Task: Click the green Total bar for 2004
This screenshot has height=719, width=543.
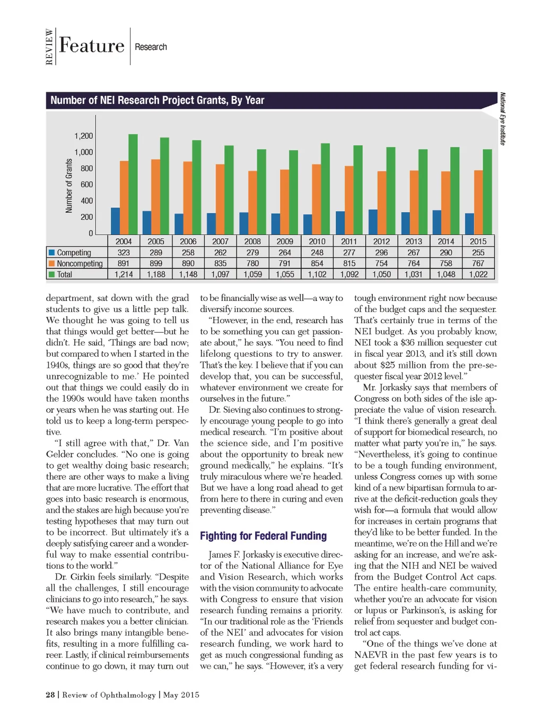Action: pyautogui.click(x=133, y=184)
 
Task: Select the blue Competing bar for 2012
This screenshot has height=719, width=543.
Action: pyautogui.click(x=373, y=222)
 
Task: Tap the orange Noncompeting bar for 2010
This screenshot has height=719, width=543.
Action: pyautogui.click(x=317, y=200)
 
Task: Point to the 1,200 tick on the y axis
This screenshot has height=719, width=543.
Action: pyautogui.click(x=83, y=136)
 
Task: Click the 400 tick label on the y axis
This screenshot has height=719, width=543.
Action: pyautogui.click(x=86, y=201)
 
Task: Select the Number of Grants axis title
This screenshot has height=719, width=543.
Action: pyautogui.click(x=69, y=186)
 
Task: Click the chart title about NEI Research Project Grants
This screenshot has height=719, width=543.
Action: pyautogui.click(x=157, y=100)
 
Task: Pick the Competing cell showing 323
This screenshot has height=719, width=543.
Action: pyautogui.click(x=124, y=253)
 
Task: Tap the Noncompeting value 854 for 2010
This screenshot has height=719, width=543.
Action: pyautogui.click(x=317, y=263)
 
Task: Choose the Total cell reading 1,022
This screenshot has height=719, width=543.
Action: pyautogui.click(x=478, y=274)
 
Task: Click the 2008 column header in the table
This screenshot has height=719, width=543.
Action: pyautogui.click(x=252, y=241)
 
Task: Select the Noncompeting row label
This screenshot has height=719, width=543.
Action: pyautogui.click(x=80, y=263)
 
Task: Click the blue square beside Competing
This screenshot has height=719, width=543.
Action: pyautogui.click(x=52, y=253)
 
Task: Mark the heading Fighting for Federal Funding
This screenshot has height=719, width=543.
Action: pyautogui.click(x=263, y=536)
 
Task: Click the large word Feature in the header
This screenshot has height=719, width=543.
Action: pyautogui.click(x=92, y=46)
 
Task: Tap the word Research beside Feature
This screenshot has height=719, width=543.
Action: pyautogui.click(x=151, y=47)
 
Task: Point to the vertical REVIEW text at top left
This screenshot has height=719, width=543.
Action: pyautogui.click(x=50, y=47)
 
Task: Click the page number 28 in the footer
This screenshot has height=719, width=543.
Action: pyautogui.click(x=50, y=695)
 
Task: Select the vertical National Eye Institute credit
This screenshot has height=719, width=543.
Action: pyautogui.click(x=502, y=118)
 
